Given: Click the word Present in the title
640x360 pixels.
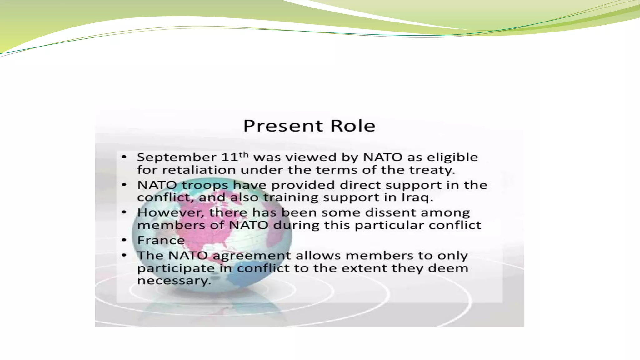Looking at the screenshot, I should coord(283,126).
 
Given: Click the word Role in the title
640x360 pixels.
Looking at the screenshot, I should coord(353,126).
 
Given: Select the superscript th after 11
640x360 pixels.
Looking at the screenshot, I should coord(244,154).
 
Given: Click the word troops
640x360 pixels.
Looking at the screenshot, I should coord(205,185).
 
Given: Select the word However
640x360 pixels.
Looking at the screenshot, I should coord(171,213).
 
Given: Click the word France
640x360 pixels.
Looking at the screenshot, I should coord(161,240).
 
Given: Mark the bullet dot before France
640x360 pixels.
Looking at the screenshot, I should coord(124,240).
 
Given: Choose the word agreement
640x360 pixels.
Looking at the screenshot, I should coord(252,256).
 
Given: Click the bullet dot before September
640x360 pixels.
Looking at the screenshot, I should coord(124,157).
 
